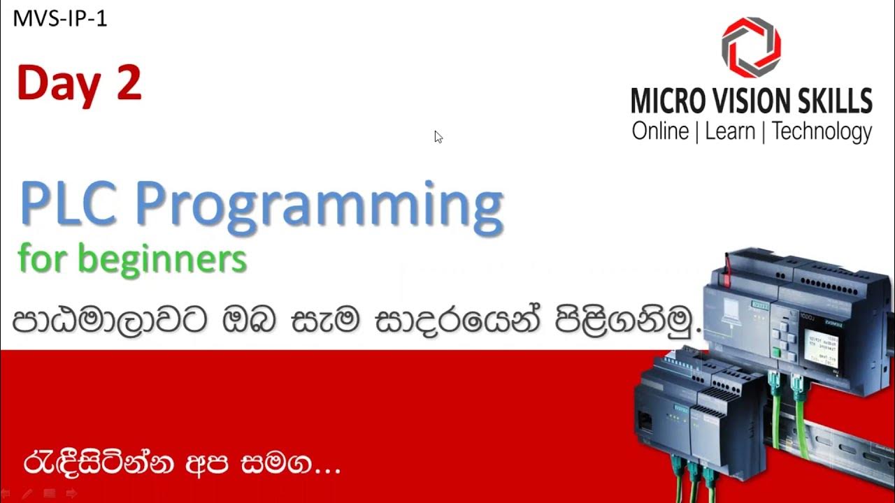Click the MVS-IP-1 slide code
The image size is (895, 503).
[x=60, y=19]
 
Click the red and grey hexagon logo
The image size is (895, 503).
[x=751, y=47]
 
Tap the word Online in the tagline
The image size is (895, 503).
[x=660, y=131]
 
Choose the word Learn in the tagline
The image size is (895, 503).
[x=731, y=131]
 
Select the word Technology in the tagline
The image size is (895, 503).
[x=822, y=131]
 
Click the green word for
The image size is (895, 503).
[x=41, y=258]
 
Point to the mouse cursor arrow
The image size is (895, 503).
[x=438, y=136]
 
